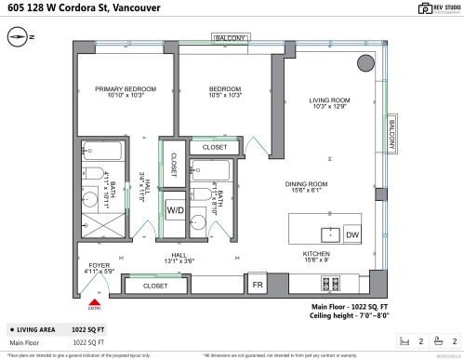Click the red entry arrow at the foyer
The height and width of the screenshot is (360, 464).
[x=93, y=300]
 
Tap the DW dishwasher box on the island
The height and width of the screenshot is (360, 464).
[x=351, y=235]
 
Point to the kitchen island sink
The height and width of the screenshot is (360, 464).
[x=326, y=233]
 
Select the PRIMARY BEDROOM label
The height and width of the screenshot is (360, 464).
[x=125, y=89]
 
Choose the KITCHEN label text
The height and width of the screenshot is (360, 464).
[x=316, y=253]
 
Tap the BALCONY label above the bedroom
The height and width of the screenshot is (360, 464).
[x=228, y=38]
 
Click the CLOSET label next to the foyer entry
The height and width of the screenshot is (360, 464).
[x=155, y=287]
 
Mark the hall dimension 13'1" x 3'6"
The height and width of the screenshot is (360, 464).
[x=179, y=261]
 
